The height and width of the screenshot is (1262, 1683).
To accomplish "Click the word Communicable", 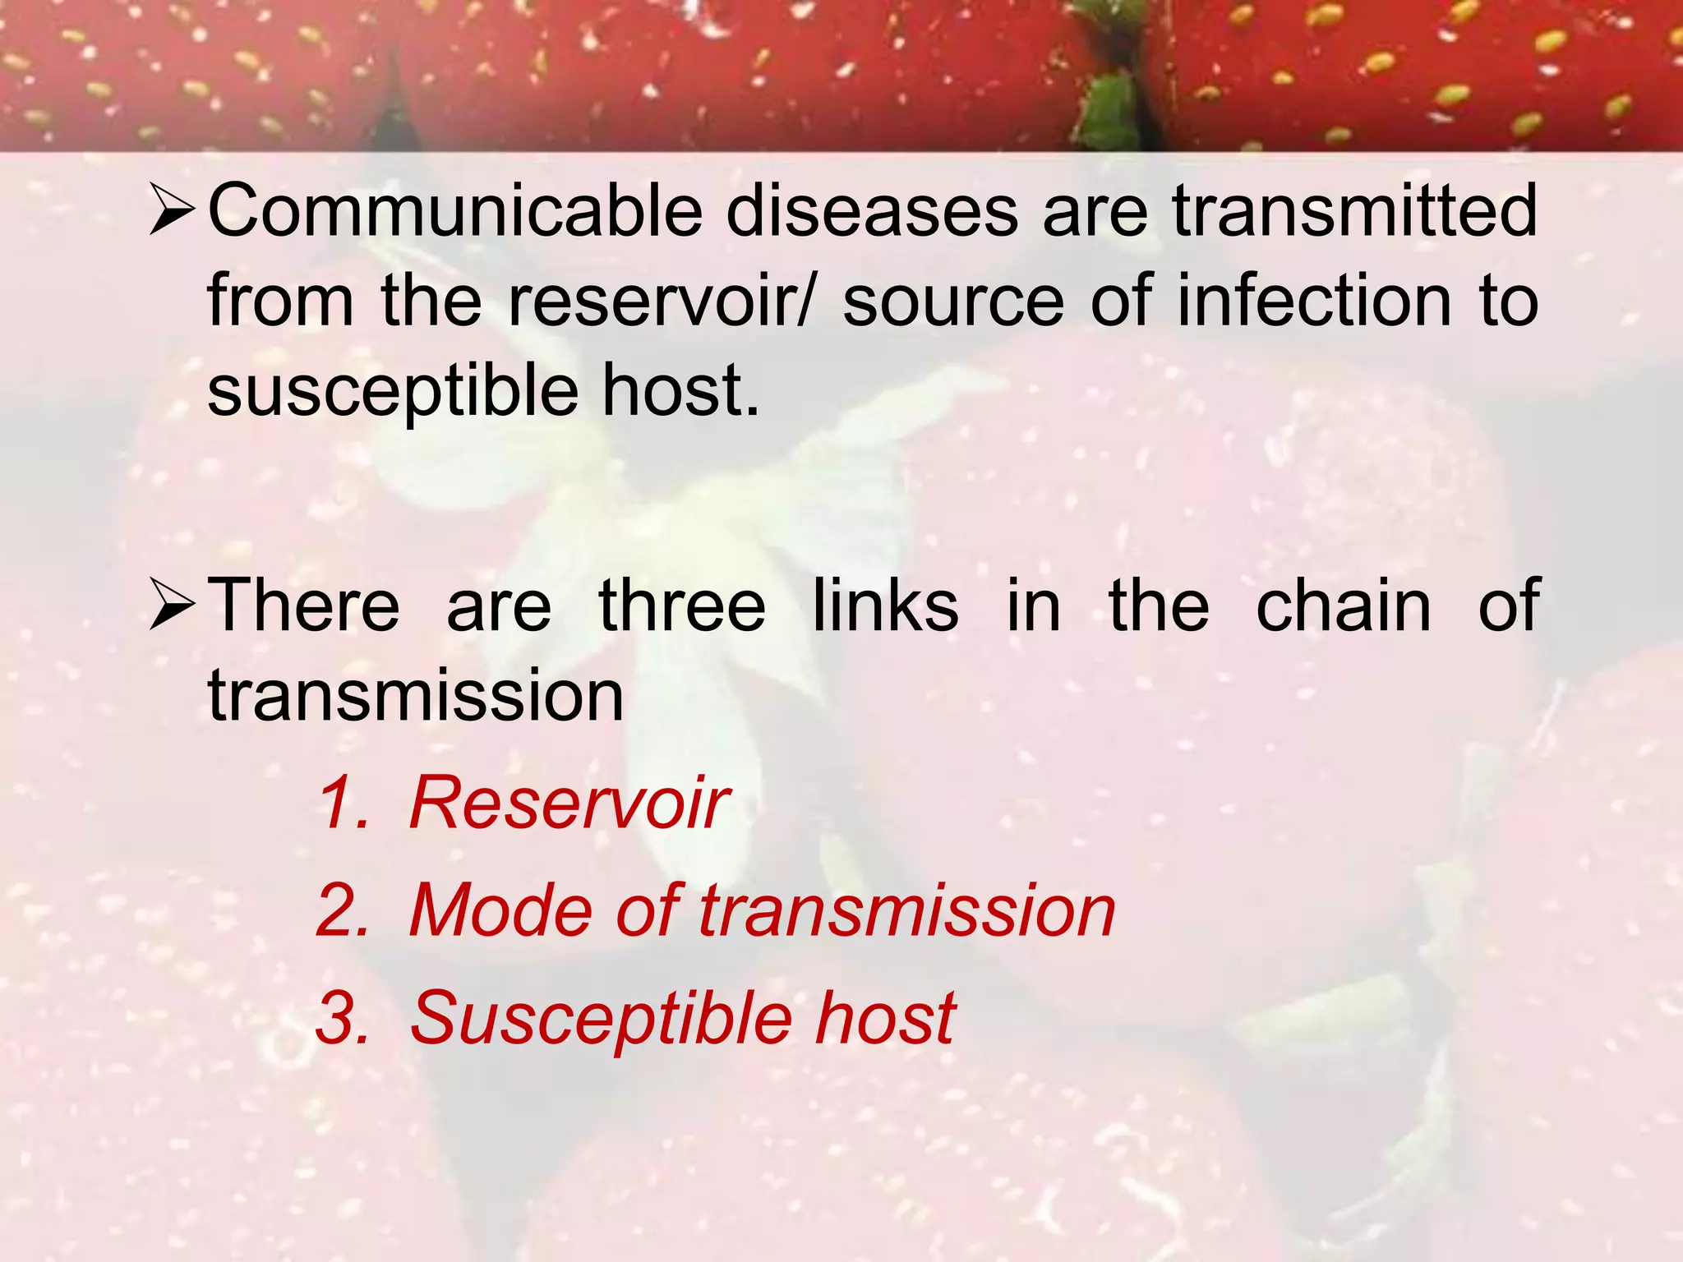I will coord(454,212).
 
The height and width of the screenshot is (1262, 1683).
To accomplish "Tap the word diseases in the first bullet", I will coord(871,212).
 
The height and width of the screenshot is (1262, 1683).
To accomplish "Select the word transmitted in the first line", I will coord(1354,212).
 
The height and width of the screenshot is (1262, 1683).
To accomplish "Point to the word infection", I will coord(1314,302).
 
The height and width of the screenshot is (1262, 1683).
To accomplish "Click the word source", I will coord(953,302).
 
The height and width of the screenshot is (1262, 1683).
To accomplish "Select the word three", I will coord(682,606).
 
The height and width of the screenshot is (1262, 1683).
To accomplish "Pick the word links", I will coord(885,606).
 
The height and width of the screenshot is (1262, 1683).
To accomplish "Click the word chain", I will coord(1344,606).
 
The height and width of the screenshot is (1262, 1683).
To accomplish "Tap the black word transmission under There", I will coord(416,697).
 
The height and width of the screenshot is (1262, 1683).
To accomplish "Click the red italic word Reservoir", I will coord(569,803).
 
